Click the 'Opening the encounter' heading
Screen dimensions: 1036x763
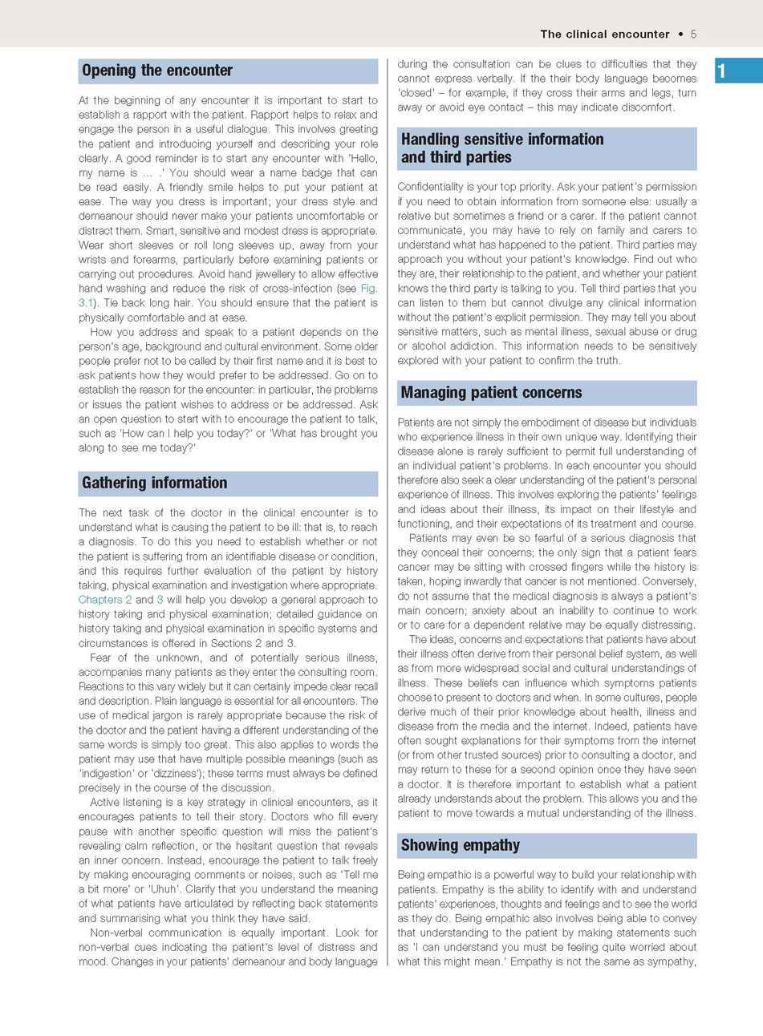[x=157, y=71]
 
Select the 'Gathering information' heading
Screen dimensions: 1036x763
[x=154, y=483]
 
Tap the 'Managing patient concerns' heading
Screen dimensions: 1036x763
[x=491, y=393]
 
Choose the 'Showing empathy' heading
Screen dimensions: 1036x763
[x=460, y=845]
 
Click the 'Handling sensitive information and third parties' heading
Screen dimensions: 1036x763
[x=501, y=148]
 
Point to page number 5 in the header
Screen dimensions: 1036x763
[x=693, y=34]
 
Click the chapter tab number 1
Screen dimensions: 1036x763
[x=721, y=71]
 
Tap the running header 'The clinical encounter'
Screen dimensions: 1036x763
[x=604, y=34]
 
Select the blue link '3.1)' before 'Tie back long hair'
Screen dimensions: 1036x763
[x=86, y=303]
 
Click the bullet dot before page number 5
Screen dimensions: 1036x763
[x=681, y=34]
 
